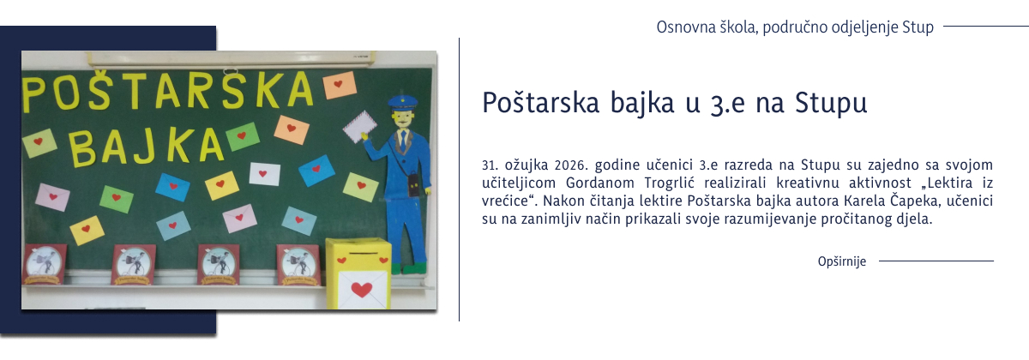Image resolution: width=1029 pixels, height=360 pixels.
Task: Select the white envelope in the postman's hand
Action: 359,127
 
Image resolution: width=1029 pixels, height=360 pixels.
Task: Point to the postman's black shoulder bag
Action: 415,185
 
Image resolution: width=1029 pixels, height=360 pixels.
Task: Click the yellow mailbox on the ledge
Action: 358,273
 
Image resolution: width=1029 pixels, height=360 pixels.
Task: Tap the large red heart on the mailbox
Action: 362,288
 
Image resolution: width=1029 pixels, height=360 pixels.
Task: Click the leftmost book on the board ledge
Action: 44,264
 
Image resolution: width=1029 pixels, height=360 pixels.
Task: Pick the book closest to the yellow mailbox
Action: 298,265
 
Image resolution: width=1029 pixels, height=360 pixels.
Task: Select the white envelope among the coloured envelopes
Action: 264,174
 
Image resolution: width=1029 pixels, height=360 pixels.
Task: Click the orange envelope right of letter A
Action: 340,85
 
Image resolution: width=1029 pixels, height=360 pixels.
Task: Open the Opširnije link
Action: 842,261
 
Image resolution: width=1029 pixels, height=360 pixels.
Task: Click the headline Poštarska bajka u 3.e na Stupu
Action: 675,101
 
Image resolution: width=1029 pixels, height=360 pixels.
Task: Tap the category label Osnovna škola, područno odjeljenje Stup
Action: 794,27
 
